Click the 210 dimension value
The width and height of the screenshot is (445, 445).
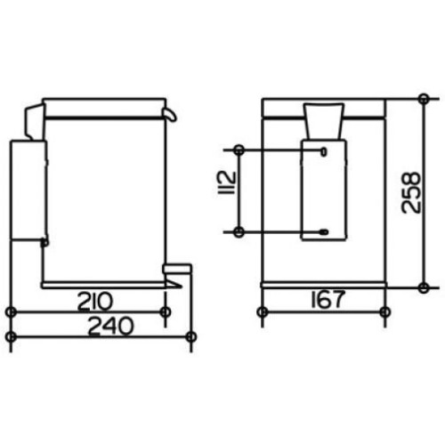tap(95, 302)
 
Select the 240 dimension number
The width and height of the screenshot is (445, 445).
tap(111, 326)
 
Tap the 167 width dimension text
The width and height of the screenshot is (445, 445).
tap(328, 299)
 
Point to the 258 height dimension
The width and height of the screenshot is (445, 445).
tap(411, 192)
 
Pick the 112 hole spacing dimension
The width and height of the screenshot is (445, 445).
tap(227, 182)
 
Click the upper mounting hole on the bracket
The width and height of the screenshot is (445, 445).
tap(324, 151)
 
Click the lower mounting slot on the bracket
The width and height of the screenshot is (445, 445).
tap(324, 231)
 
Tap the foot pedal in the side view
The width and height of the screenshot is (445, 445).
tap(177, 269)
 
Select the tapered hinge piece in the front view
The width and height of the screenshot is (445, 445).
tap(324, 121)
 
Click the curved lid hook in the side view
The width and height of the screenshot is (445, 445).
tap(171, 114)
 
